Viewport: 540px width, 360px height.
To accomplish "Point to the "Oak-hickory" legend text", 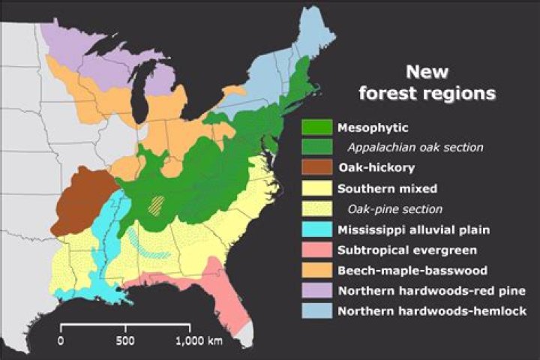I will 373,168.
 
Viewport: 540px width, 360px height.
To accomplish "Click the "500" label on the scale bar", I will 125,340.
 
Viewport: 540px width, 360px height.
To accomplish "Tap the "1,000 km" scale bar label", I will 199,340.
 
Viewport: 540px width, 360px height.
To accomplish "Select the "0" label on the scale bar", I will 61,340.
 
